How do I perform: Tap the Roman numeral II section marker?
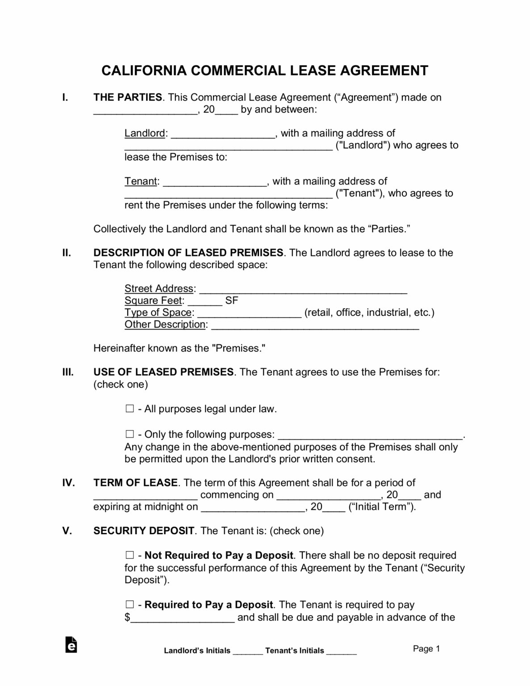point(67,253)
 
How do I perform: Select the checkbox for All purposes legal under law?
point(129,409)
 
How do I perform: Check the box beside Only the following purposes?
point(129,434)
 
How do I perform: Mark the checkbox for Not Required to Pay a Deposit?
point(129,555)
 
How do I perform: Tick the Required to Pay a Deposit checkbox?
point(129,605)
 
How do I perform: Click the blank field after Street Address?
point(303,289)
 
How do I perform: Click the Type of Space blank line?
point(249,314)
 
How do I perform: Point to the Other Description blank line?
point(315,326)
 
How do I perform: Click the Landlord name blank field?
point(223,134)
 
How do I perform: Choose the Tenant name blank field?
point(215,182)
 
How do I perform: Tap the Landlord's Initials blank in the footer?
point(248,651)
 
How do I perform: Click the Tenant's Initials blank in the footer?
point(342,651)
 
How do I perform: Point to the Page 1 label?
point(426,648)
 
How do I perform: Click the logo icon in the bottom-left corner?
point(71,644)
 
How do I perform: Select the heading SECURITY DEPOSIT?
point(144,531)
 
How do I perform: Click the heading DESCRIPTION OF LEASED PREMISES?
point(188,253)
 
